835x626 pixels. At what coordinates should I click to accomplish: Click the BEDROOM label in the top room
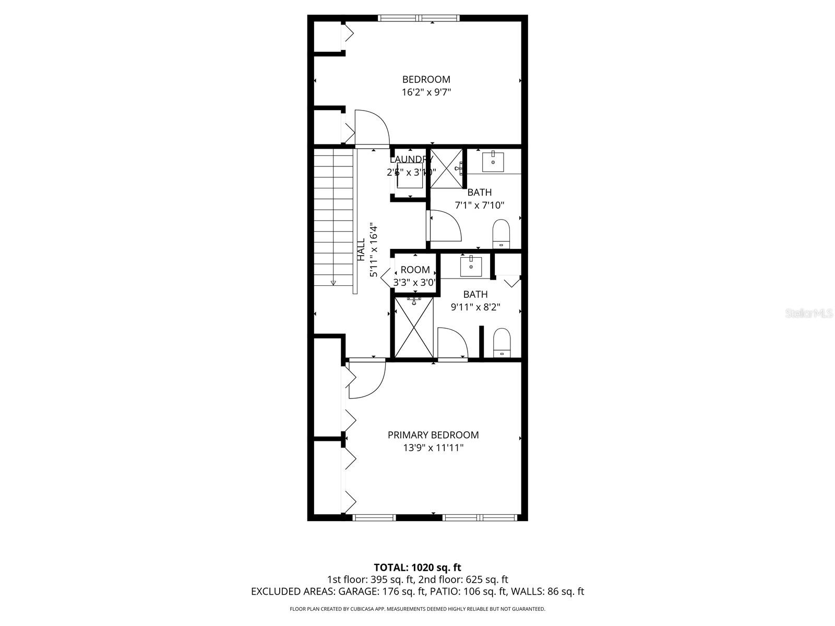point(426,79)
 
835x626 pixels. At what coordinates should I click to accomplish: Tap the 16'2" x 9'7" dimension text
point(426,92)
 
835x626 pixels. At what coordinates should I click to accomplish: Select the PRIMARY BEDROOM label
point(433,435)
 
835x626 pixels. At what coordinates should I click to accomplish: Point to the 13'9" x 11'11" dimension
point(433,448)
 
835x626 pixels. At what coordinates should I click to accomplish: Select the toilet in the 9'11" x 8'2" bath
point(502,342)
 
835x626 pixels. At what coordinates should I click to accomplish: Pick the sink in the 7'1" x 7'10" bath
point(493,162)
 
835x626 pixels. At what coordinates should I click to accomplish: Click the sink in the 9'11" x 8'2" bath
point(471,266)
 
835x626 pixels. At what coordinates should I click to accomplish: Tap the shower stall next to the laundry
point(446,168)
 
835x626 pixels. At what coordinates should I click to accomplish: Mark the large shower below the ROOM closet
point(414,327)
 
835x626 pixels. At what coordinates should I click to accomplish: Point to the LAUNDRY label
point(411,160)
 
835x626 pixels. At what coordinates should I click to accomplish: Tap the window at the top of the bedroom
point(419,18)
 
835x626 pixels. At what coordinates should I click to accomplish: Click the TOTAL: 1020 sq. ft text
point(417,567)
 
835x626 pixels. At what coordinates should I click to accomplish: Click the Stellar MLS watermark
point(809,314)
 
